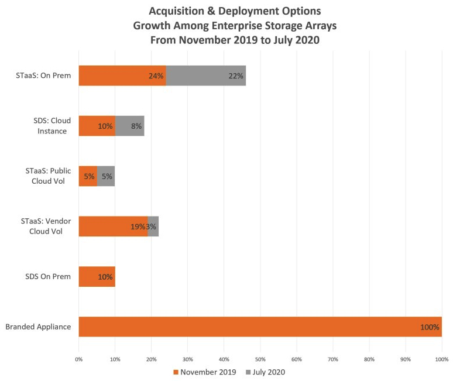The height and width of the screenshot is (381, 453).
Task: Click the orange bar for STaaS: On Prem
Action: coord(122,75)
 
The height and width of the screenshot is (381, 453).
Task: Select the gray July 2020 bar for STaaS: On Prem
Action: coord(205,75)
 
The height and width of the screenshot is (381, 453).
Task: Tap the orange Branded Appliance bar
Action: coord(260,327)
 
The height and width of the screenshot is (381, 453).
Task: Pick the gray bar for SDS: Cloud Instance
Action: coord(129,126)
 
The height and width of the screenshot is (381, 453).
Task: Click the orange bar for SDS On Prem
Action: coord(97,276)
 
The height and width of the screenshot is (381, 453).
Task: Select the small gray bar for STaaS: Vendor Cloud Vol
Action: coord(153,226)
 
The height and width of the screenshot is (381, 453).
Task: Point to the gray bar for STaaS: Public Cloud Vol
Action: coord(106,176)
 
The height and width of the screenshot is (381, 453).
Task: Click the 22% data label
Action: coord(236,76)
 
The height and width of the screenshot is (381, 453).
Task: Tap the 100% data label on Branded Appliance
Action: coord(430,327)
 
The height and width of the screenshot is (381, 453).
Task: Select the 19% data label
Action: coord(139,226)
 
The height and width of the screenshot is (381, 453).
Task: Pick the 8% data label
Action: coord(136,126)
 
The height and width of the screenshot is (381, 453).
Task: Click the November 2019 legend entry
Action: coord(205,371)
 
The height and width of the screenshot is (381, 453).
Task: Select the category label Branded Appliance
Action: coord(38,327)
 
